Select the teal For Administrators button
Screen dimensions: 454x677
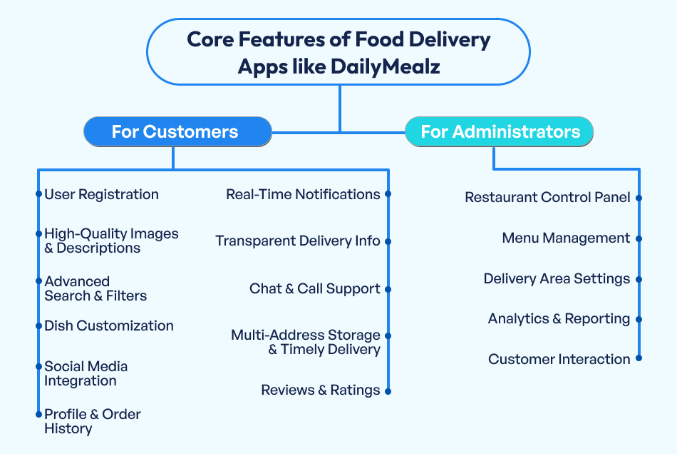[x=500, y=132]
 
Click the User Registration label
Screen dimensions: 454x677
[x=101, y=194]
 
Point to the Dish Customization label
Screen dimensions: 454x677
[x=109, y=326]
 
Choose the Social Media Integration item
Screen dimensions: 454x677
[x=86, y=373]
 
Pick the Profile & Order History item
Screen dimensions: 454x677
[x=92, y=421]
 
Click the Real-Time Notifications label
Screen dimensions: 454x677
[x=303, y=194]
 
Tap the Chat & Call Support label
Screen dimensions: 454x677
[x=314, y=289]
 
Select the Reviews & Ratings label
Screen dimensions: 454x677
[x=320, y=390]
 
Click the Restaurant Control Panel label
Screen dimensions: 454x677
[x=547, y=197]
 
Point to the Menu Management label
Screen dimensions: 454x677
[x=566, y=238]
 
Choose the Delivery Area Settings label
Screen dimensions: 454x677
[x=557, y=278]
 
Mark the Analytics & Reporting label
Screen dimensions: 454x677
[x=559, y=319]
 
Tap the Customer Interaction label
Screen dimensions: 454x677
[x=559, y=359]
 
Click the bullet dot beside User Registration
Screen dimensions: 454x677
[x=38, y=194]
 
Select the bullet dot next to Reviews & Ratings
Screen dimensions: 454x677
[x=388, y=390]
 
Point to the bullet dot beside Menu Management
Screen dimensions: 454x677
[x=639, y=238]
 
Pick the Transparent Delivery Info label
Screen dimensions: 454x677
[x=298, y=241]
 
